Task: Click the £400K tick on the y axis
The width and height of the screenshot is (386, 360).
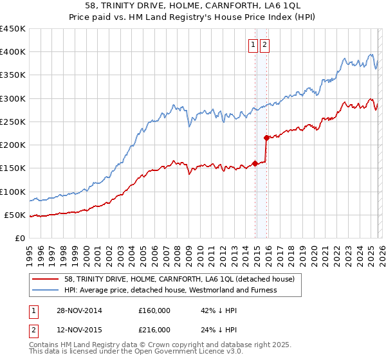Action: click(x=13, y=52)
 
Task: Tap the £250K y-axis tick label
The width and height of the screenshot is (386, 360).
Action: click(x=13, y=122)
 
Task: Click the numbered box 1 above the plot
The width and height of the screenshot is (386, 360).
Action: click(x=253, y=44)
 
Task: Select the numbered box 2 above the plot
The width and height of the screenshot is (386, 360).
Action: click(x=265, y=44)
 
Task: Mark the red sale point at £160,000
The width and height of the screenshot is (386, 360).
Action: click(x=255, y=163)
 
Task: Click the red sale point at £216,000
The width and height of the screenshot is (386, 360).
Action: click(x=266, y=137)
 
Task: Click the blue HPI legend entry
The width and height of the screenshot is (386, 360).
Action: click(x=170, y=290)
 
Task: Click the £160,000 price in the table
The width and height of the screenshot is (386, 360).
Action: click(x=154, y=310)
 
